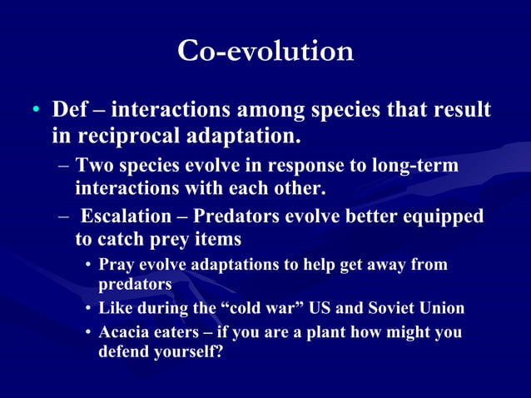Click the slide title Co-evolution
coord(265,51)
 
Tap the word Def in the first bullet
coord(70,110)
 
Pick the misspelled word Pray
coord(117,265)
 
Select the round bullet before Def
coord(35,112)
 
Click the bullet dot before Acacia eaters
coord(87,333)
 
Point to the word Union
coord(441,308)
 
